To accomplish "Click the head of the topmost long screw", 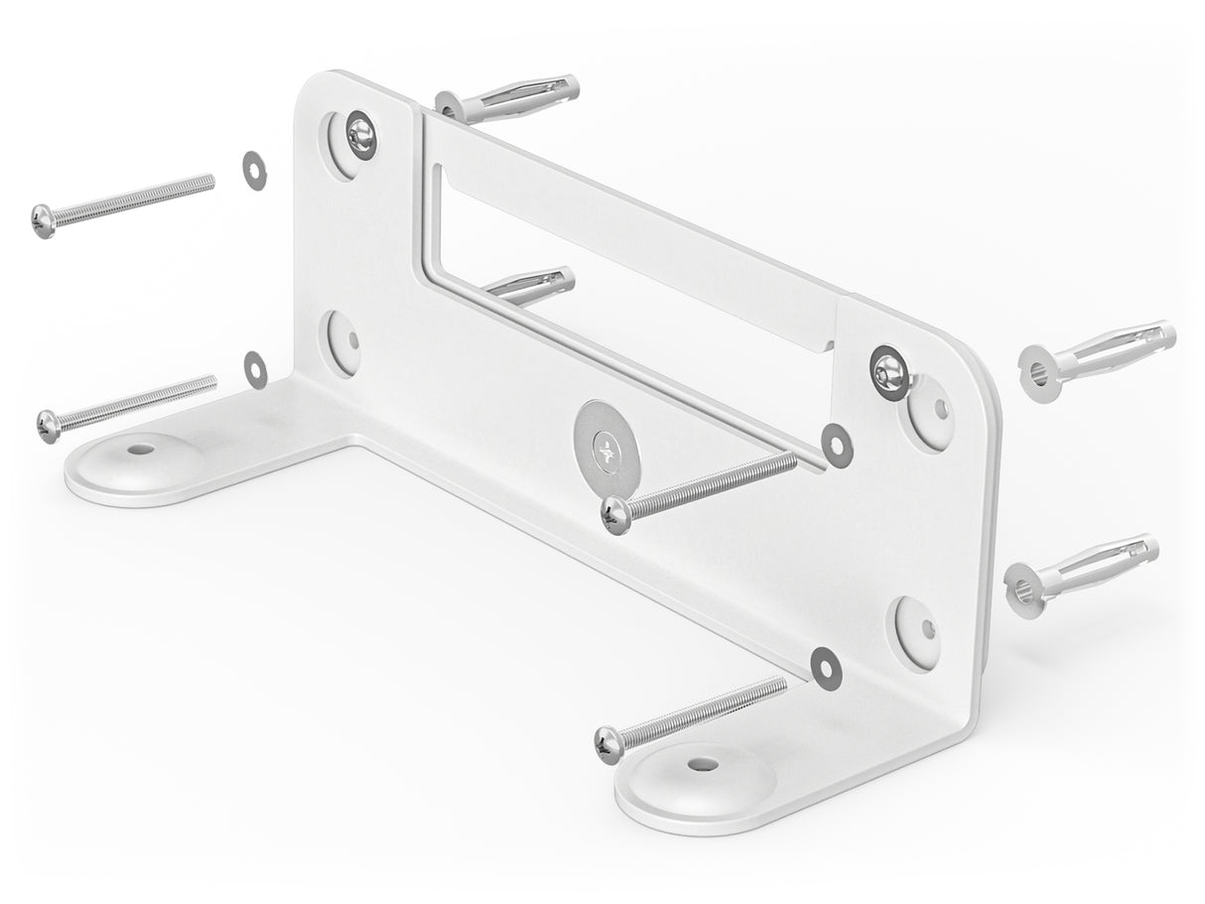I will [x=44, y=220].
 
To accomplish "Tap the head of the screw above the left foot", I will [x=49, y=426].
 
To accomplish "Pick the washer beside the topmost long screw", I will [x=254, y=171].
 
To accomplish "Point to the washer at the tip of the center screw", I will [x=837, y=446].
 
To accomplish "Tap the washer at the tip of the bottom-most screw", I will [x=825, y=668].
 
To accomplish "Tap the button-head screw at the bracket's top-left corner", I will [x=361, y=134].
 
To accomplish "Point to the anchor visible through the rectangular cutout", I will [x=530, y=286].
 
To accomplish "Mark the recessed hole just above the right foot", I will [x=916, y=630].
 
